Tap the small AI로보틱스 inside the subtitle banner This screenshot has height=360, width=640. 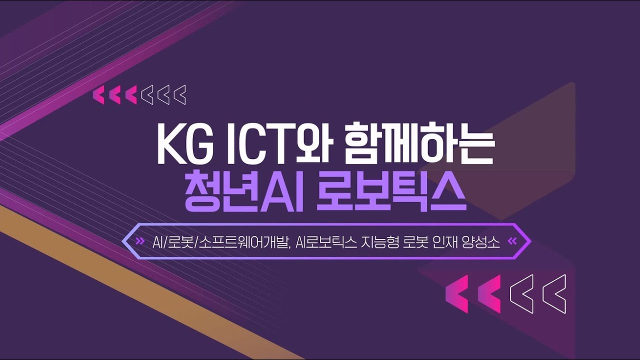(326, 242)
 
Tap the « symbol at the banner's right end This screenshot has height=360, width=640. (511, 242)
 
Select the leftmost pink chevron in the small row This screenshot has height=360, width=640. (99, 95)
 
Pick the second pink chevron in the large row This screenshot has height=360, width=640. (489, 293)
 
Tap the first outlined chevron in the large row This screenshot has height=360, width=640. (521, 293)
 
